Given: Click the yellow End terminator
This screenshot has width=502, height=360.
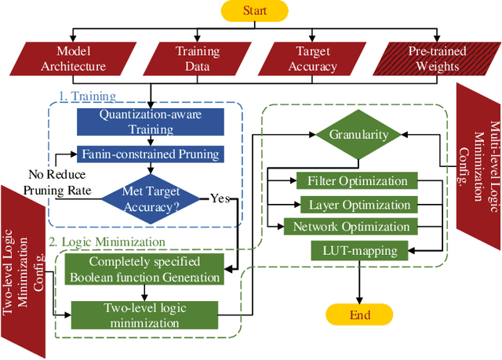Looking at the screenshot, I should point(359,315).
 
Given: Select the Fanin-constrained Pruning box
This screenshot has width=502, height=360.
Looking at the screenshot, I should point(149,154).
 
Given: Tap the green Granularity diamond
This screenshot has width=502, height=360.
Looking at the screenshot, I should point(359,134).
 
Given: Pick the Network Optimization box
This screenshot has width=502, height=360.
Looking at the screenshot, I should point(351,227).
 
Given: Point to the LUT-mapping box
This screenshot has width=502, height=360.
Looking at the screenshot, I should point(359,251).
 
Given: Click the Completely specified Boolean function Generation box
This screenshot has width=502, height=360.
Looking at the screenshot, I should point(144,268).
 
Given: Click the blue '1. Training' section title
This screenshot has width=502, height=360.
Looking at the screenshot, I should point(87,97).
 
